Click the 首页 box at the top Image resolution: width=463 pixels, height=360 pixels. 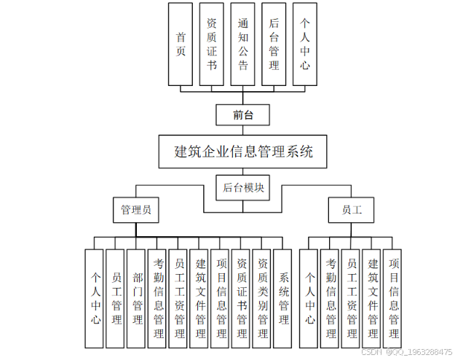click(181, 44)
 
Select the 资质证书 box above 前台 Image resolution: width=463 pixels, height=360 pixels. click(212, 44)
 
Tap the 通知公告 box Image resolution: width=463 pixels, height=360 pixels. click(243, 44)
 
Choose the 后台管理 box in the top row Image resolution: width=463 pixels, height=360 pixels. click(274, 44)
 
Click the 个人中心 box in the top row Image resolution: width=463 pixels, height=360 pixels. click(306, 44)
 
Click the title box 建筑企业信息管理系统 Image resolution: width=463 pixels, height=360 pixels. click(243, 152)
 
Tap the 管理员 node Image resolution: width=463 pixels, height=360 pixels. click(136, 210)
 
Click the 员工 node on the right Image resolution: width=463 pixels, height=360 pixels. click(352, 210)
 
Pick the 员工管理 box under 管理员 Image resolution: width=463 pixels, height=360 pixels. click(116, 298)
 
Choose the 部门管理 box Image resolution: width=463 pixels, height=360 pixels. click(137, 298)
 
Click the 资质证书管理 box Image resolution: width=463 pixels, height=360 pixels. click(242, 298)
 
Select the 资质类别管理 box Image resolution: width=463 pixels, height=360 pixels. click(263, 298)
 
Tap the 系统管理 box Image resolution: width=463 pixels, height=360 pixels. click(284, 298)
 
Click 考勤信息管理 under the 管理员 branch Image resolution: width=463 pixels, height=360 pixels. click(158, 298)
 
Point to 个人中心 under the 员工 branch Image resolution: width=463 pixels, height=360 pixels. click(310, 298)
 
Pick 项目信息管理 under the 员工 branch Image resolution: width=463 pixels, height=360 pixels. click(394, 298)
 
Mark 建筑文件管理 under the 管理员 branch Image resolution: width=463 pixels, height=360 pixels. click(200, 298)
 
